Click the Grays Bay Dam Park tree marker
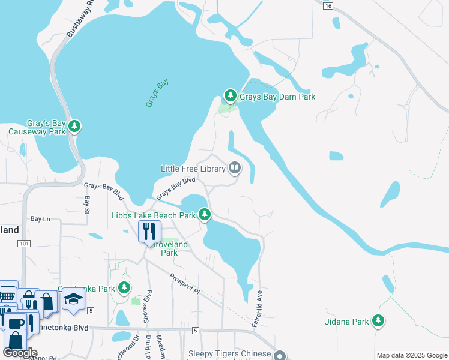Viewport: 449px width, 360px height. pyautogui.click(x=230, y=96)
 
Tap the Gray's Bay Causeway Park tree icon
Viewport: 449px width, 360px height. pyautogui.click(x=74, y=126)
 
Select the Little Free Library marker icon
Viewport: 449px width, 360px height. pyautogui.click(x=234, y=169)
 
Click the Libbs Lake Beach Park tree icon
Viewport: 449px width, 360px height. pyautogui.click(x=205, y=214)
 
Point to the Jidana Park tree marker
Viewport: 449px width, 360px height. pyautogui.click(x=378, y=322)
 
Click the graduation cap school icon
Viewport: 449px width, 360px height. pyautogui.click(x=73, y=300)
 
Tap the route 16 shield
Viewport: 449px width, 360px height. pyautogui.click(x=327, y=5)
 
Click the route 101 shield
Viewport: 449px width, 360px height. pyautogui.click(x=24, y=244)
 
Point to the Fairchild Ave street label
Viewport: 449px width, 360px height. pyautogui.click(x=260, y=306)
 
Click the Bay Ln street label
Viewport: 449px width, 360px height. pyautogui.click(x=40, y=220)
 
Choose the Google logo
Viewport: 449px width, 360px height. pyautogui.click(x=20, y=353)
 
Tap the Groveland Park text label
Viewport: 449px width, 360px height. pyautogui.click(x=169, y=248)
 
